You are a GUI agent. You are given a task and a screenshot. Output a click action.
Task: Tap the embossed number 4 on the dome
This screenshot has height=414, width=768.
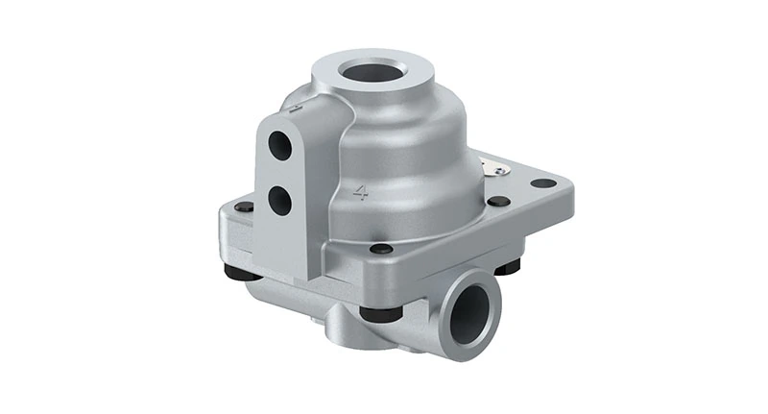(x=361, y=190)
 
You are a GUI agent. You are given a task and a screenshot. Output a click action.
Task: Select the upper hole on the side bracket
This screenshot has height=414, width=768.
(x=279, y=145)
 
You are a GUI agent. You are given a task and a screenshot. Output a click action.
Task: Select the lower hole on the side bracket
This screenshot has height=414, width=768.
(x=280, y=199)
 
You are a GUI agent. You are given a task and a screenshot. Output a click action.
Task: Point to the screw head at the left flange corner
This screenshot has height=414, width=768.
(x=245, y=207)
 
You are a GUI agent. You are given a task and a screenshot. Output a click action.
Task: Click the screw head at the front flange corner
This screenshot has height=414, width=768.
(x=381, y=250)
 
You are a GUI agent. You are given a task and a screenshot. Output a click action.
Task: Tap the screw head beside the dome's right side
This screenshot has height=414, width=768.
(x=498, y=201)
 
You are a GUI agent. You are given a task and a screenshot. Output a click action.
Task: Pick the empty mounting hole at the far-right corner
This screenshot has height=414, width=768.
(x=542, y=183)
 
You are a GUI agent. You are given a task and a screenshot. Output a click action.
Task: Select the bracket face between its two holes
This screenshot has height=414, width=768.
(x=279, y=173)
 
